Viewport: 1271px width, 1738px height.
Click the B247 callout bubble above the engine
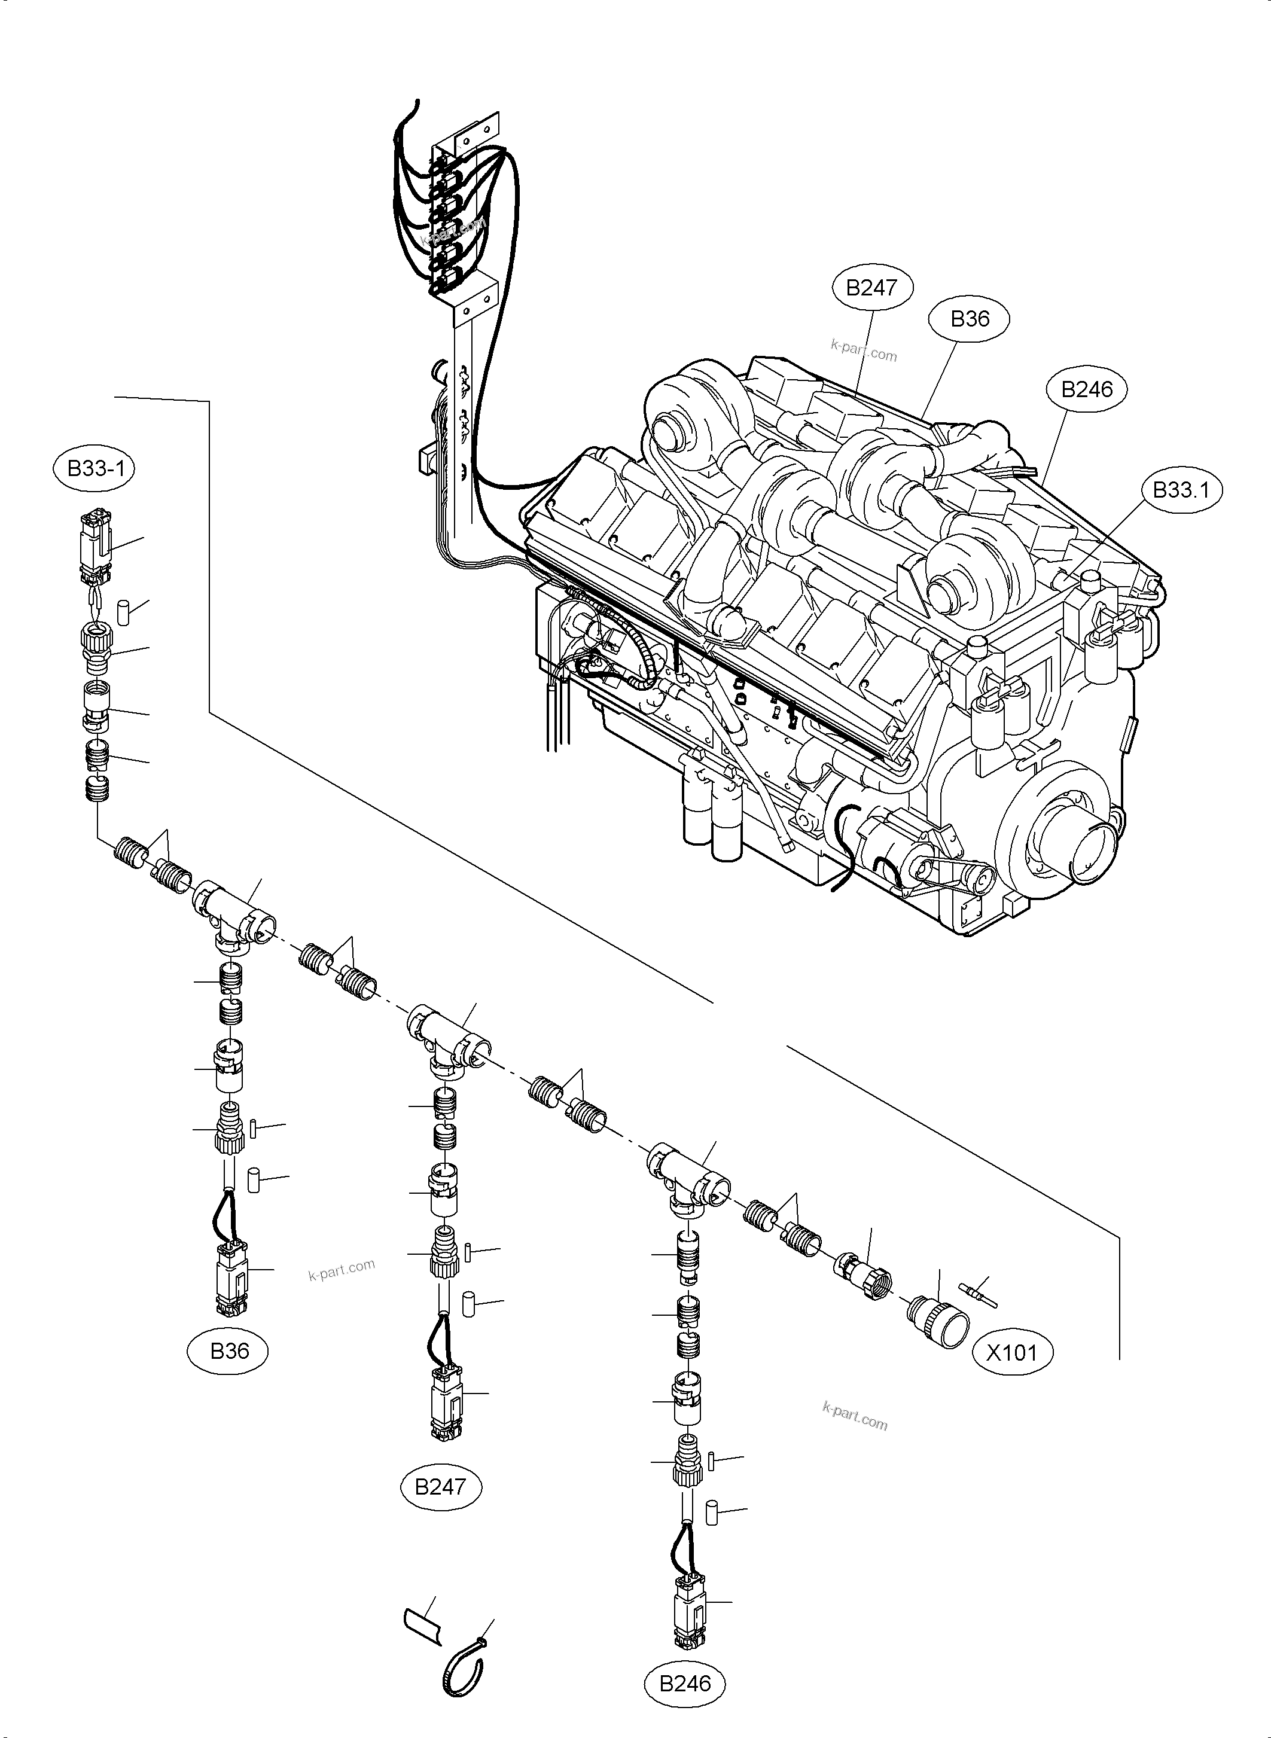point(871,288)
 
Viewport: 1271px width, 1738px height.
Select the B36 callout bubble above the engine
point(970,319)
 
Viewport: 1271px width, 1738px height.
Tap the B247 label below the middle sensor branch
point(440,1486)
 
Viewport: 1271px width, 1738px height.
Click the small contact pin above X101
point(978,1295)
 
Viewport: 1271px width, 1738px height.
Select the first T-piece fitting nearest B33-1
point(234,911)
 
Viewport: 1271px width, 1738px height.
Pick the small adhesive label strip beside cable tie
point(422,1626)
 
